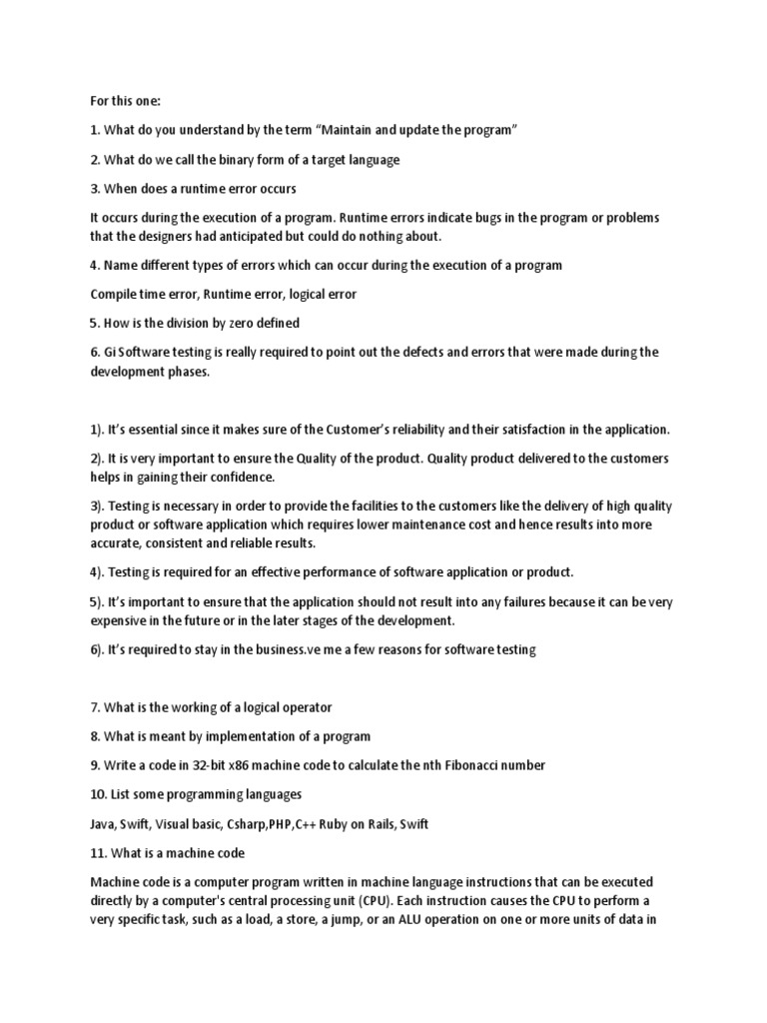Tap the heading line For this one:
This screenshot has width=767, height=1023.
pyautogui.click(x=118, y=102)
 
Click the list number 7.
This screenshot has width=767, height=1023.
pyautogui.click(x=95, y=707)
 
